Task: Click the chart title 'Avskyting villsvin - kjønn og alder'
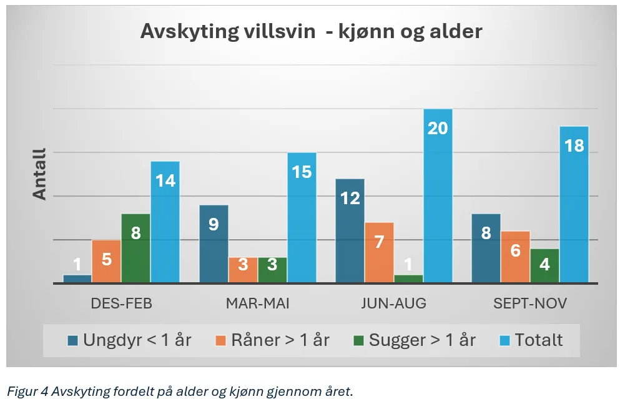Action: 312,31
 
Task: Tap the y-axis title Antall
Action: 39,174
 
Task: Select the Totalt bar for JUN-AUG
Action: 438,195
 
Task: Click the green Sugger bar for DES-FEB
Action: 136,249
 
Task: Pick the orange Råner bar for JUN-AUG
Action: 379,253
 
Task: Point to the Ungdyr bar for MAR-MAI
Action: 214,244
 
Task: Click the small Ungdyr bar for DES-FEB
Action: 77,278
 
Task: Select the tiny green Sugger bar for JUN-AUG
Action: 408,278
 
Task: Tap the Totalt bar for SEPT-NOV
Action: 574,204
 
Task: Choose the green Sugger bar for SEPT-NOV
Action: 544,266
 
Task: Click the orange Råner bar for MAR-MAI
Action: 243,270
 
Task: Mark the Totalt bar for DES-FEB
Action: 165,222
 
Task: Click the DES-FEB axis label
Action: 122,303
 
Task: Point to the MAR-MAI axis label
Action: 257,303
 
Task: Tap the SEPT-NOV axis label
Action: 530,303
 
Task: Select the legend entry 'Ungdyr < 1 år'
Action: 129,340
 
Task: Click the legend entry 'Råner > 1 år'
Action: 273,340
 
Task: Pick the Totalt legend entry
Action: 531,340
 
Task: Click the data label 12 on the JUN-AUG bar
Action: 350,199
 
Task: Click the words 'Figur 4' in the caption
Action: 27,392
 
